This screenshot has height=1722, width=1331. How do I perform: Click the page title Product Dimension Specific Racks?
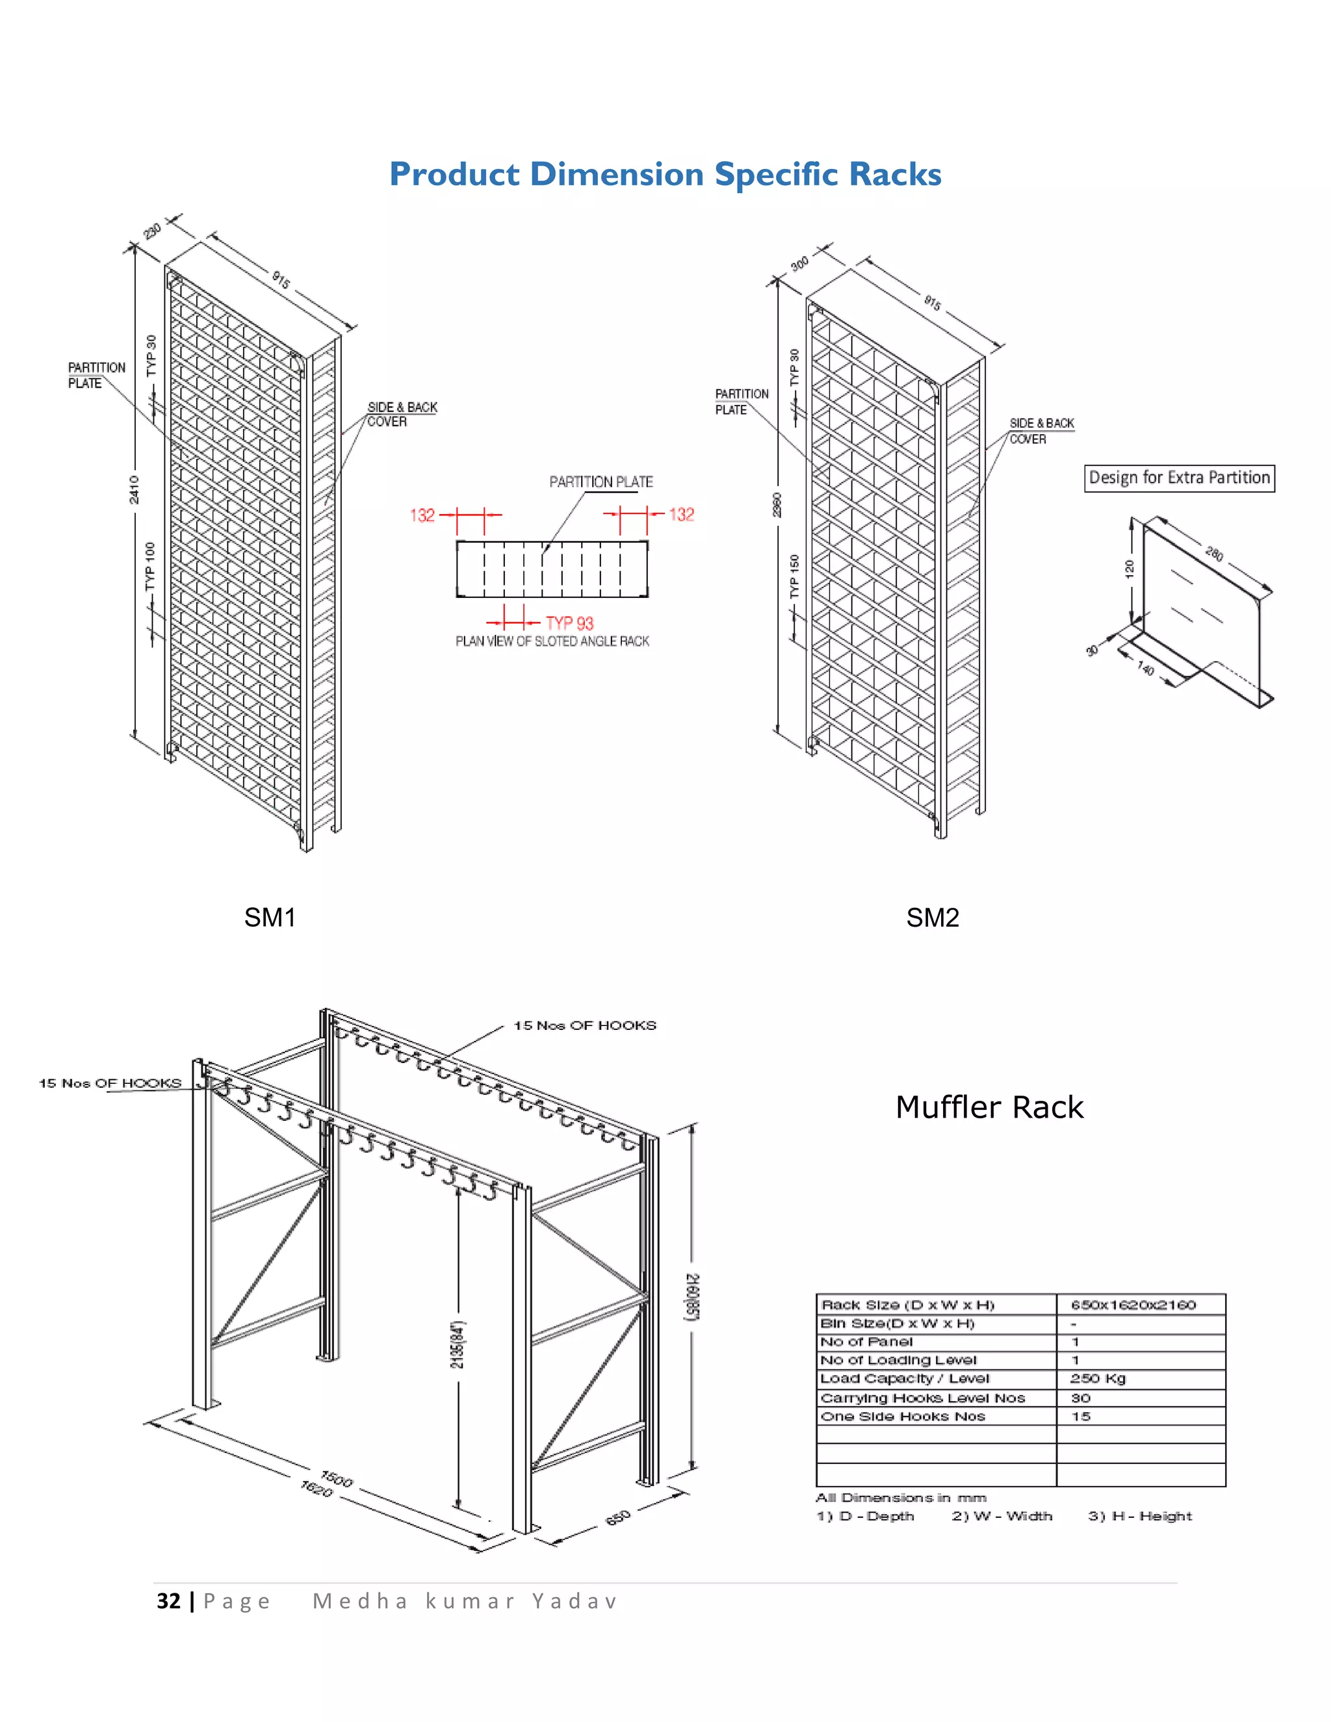point(665,174)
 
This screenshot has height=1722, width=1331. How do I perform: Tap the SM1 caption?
point(270,918)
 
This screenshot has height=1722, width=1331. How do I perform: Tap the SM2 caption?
point(932,918)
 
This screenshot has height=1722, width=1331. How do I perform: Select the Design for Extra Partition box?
point(1179,478)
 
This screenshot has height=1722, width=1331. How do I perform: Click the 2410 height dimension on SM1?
point(134,490)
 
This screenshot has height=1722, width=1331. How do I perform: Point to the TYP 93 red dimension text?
point(569,623)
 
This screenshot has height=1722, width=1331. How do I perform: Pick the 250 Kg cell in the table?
point(1098,1378)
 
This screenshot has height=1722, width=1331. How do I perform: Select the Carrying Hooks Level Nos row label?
point(923,1398)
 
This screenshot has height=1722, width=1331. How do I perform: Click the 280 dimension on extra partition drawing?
point(1214,554)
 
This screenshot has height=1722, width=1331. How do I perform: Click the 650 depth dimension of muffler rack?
point(618,1517)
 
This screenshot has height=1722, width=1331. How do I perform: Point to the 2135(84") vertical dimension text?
point(458,1344)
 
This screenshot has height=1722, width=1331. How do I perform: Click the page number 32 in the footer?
point(169,1600)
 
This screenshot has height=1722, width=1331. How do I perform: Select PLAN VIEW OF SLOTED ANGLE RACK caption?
point(552,641)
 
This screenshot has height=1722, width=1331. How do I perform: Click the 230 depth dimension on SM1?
point(152,230)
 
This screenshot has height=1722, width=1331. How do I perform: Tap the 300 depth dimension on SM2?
point(799,263)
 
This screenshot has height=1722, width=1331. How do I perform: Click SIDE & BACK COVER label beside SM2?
point(1041,430)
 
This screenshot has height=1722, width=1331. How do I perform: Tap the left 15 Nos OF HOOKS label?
point(110,1083)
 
